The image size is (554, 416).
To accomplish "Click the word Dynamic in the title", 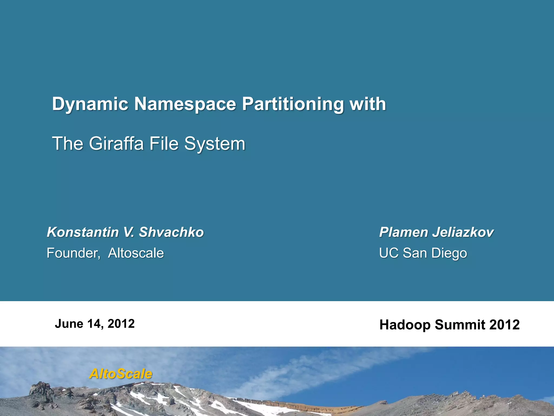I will (90, 104).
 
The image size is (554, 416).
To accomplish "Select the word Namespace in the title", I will (185, 104).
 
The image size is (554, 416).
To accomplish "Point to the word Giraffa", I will (116, 144).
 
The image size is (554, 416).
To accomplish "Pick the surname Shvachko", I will (171, 232).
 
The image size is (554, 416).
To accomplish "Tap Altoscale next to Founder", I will (136, 253).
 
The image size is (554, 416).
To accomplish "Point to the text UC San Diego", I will (423, 253).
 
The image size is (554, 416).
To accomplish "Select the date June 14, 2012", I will (95, 324).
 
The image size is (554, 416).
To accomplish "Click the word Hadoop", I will (405, 325).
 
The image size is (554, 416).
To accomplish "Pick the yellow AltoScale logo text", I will (121, 374).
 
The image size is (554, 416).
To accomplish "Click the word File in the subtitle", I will (164, 144).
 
